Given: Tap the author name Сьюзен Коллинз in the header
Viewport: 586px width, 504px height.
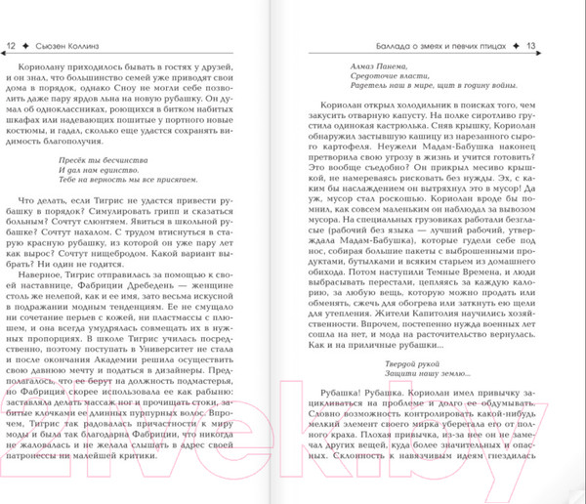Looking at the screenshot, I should [66, 46].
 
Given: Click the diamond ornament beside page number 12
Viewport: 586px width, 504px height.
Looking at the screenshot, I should [26, 46].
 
